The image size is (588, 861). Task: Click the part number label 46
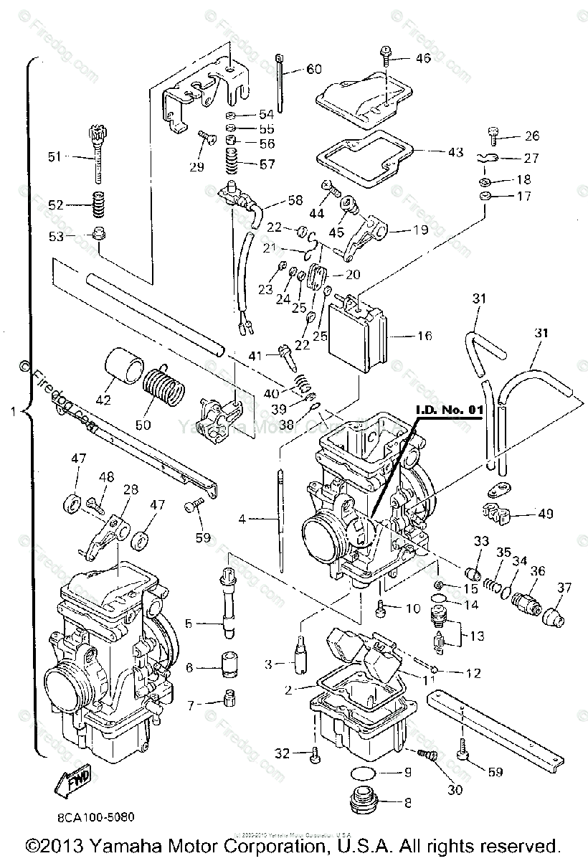pos(423,57)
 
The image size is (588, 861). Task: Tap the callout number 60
pos(314,69)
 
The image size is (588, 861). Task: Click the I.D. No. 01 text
pos(447,410)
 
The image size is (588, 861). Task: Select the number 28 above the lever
pos(130,489)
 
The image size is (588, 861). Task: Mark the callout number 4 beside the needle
pos(242,517)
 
